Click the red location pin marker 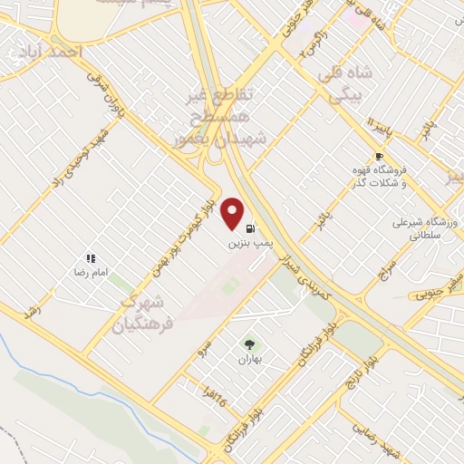pos(233,214)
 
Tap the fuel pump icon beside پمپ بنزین pos(250,227)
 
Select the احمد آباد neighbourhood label pos(54,52)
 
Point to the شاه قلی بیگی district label pos(337,80)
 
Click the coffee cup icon pos(379,155)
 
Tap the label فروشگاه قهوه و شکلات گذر pos(380,176)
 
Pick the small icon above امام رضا pos(90,258)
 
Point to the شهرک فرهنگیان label pos(143,313)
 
